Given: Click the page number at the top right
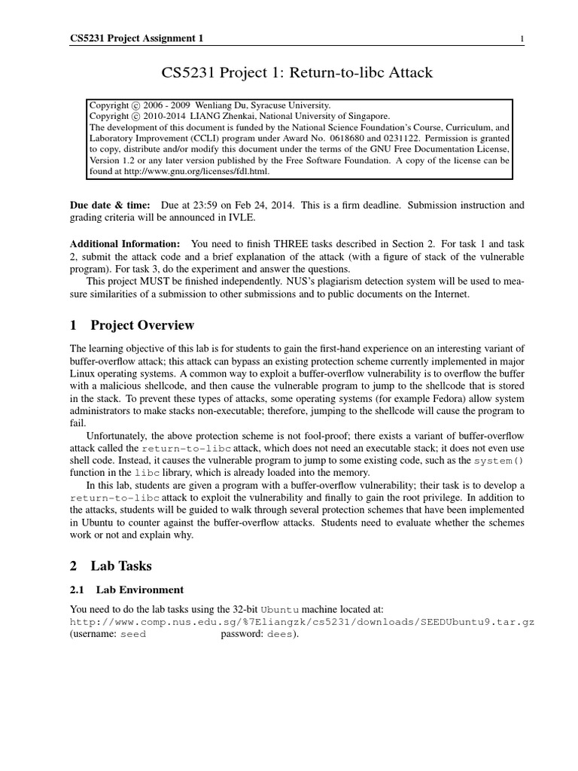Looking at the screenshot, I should click(522, 39).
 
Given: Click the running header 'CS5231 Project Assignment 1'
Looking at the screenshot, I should click(136, 39).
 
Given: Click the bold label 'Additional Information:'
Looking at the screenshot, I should click(125, 244).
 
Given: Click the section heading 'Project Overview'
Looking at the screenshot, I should click(142, 325).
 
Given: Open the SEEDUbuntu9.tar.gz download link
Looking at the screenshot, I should click(301, 623).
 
